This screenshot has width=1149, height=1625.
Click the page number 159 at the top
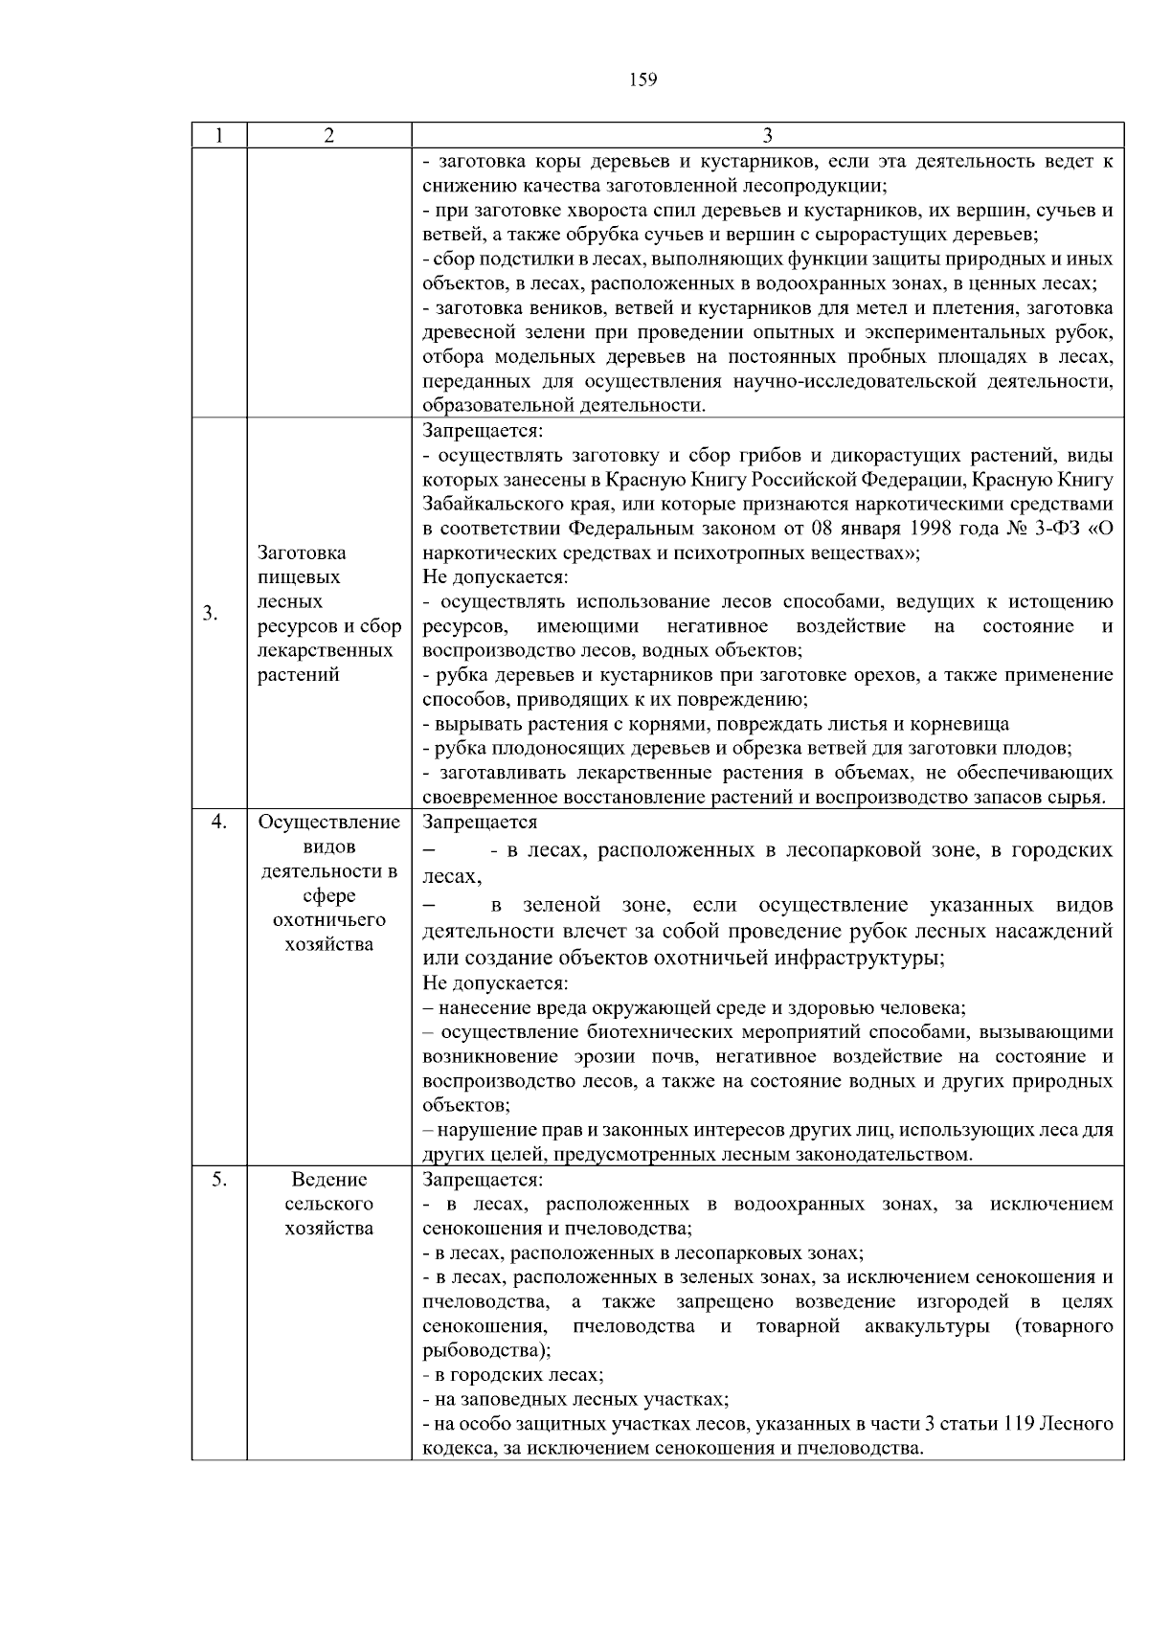pos(643,80)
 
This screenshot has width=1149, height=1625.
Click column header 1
pos(219,136)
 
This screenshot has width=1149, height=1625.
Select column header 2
pos(328,136)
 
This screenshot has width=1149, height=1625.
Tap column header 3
pos(767,136)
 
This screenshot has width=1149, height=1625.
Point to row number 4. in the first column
pos(219,822)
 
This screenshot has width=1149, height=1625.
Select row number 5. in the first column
pos(219,1180)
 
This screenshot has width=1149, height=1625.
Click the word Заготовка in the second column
pos(302,553)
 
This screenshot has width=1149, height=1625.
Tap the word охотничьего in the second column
pos(328,920)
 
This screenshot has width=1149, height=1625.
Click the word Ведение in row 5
pos(328,1180)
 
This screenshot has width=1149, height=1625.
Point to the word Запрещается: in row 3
pos(483,431)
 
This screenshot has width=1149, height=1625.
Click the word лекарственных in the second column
pos(326,650)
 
